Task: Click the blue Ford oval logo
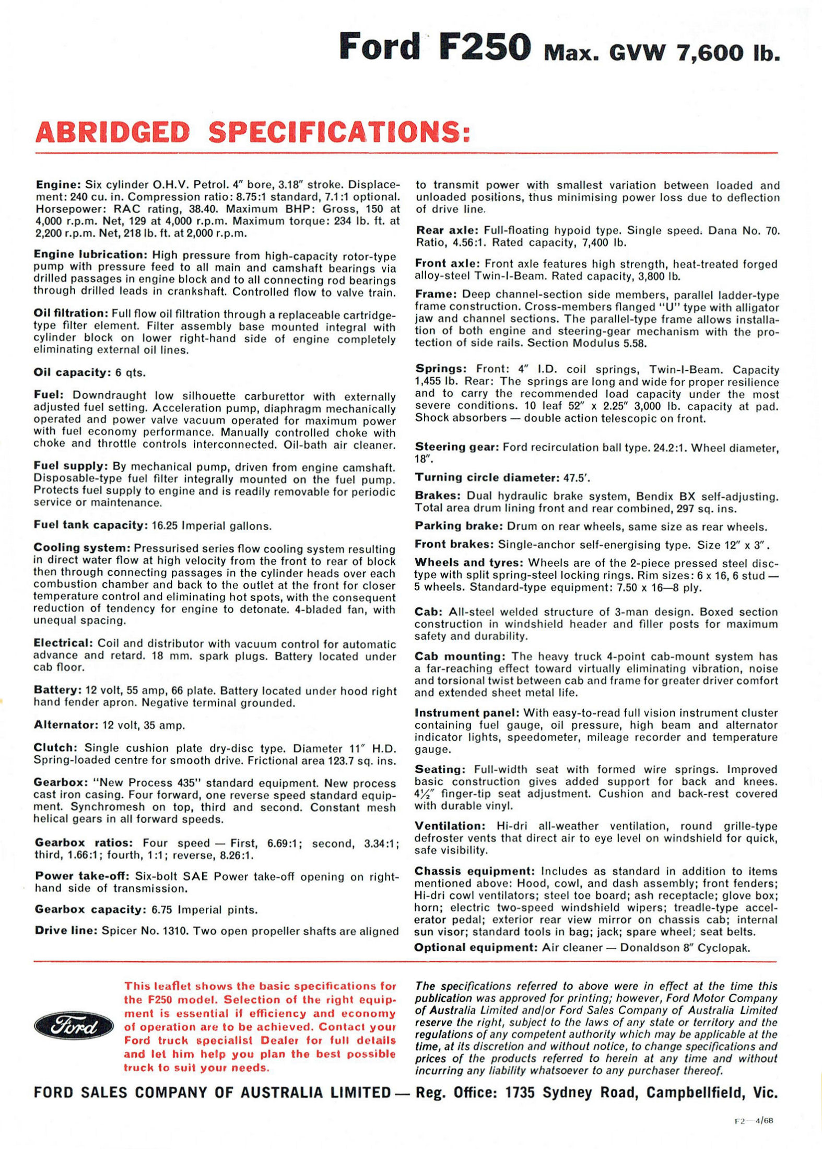(74, 1027)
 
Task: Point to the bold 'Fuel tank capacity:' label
(90, 525)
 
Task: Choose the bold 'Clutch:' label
(56, 748)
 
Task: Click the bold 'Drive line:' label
(66, 931)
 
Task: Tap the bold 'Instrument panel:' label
(466, 713)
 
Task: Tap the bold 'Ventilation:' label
(450, 826)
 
